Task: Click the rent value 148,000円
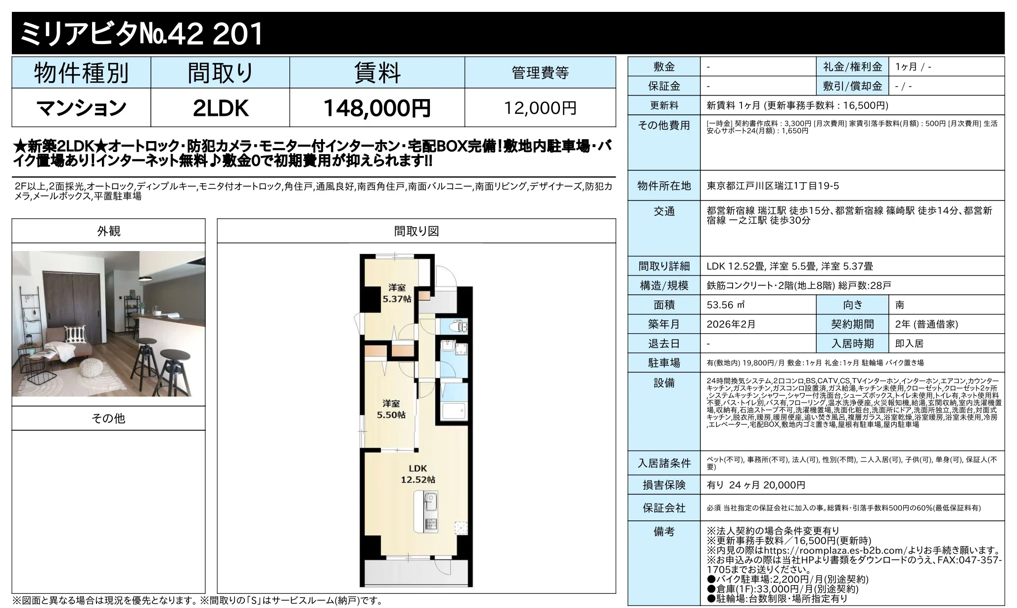(377, 108)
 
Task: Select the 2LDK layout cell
(220, 108)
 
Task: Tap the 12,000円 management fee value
(540, 108)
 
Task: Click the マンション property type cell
(81, 108)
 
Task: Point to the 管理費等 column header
(540, 73)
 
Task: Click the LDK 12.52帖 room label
(417, 474)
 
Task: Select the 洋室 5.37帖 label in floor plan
(397, 293)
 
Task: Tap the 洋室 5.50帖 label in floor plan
(391, 409)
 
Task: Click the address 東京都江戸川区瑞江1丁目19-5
(773, 186)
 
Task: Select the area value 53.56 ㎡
(726, 305)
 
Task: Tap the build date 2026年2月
(731, 324)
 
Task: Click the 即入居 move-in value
(909, 344)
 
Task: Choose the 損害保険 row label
(664, 485)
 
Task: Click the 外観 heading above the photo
(108, 231)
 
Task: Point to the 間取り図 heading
(416, 231)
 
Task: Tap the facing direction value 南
(900, 305)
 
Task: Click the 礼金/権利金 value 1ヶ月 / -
(913, 67)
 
